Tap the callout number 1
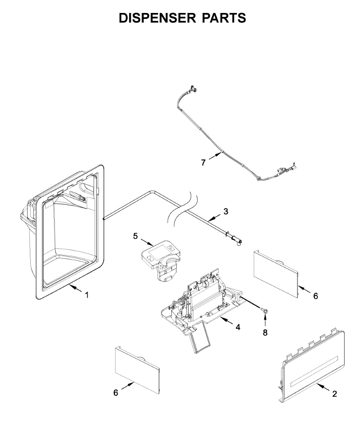click(x=86, y=295)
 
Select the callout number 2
click(x=334, y=394)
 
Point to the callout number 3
click(x=226, y=212)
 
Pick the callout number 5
click(x=135, y=236)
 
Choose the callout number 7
click(x=203, y=163)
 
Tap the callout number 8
click(x=265, y=333)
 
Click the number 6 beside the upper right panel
click(x=316, y=296)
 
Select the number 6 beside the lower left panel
click(x=116, y=393)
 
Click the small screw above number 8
click(x=265, y=310)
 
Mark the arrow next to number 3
click(x=215, y=217)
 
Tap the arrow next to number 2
click(x=322, y=388)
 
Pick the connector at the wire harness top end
click(x=193, y=87)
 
